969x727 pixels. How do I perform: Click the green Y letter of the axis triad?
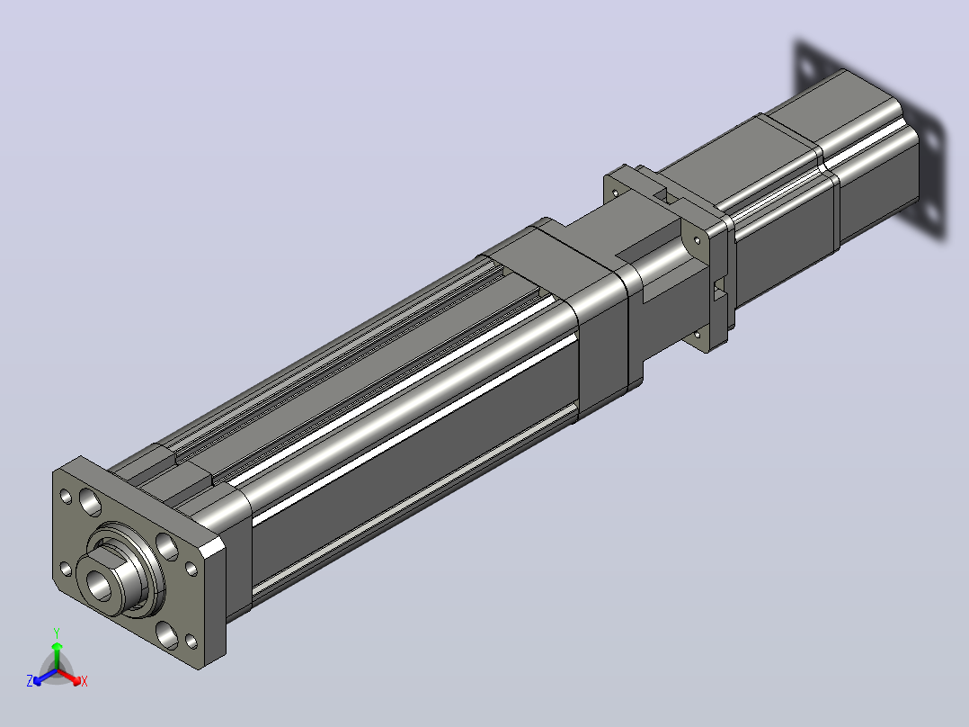[x=57, y=633]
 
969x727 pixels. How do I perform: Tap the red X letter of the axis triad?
[x=84, y=681]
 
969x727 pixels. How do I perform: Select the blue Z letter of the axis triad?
[x=30, y=681]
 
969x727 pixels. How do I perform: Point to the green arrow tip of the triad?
[x=57, y=646]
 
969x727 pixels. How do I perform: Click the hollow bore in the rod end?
[x=99, y=586]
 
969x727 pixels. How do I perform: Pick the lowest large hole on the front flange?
[x=167, y=635]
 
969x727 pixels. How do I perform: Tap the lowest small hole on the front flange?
[x=191, y=642]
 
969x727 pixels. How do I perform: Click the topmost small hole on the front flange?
[x=67, y=497]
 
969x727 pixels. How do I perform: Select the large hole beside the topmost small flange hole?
[x=90, y=502]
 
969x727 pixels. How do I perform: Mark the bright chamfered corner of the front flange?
[x=212, y=546]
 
